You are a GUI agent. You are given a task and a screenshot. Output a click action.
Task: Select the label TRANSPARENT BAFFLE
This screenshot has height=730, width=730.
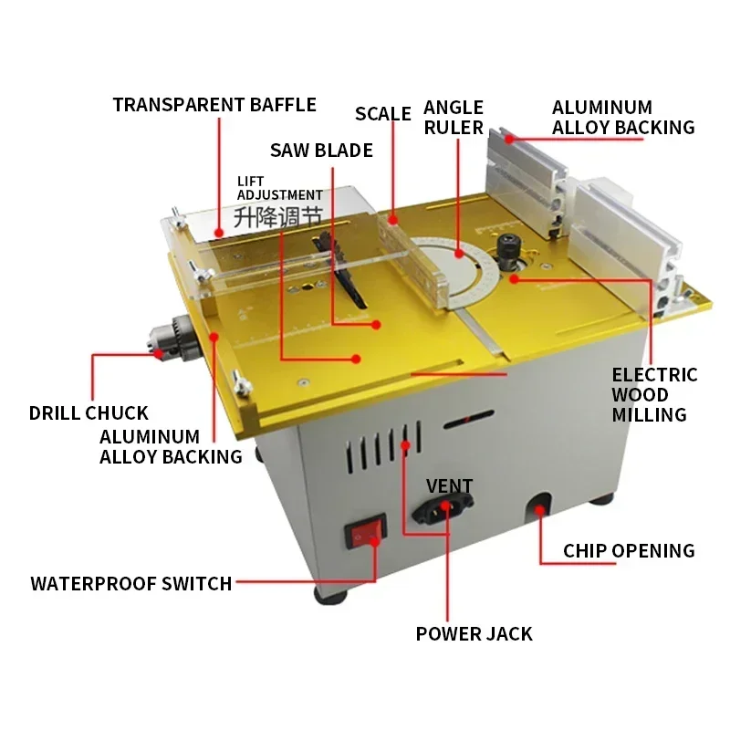[214, 104]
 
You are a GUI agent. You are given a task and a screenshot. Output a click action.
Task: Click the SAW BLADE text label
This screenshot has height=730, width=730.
[321, 150]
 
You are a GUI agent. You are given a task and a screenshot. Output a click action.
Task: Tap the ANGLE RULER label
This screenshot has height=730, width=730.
[454, 118]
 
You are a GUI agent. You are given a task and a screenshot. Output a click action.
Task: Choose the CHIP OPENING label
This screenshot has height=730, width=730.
[629, 550]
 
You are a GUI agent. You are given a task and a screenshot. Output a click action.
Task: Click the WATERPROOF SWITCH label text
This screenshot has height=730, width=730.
[131, 583]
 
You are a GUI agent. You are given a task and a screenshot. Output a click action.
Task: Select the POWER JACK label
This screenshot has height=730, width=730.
[474, 633]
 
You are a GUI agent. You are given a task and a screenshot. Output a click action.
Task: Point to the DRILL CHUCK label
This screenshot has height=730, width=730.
[89, 413]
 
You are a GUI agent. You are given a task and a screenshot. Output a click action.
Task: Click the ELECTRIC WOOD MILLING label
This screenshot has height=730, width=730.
[653, 394]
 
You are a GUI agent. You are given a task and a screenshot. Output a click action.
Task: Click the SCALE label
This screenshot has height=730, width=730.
[383, 113]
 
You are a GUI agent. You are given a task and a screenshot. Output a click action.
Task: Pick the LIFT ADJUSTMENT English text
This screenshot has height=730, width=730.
[279, 188]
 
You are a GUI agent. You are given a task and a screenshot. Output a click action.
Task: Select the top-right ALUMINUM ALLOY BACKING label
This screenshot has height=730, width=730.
[622, 118]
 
